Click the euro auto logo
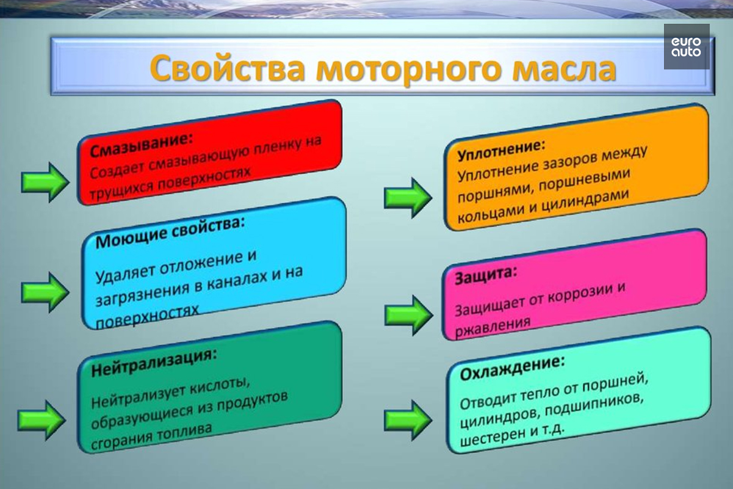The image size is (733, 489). click(687, 46)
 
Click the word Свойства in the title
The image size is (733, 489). click(228, 68)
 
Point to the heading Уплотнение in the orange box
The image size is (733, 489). click(502, 150)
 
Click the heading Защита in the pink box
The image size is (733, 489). click(486, 276)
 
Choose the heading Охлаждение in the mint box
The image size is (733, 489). click(513, 368)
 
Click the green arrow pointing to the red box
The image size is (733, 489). click(45, 182)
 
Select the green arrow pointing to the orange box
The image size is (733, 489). click(408, 198)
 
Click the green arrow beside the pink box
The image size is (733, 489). click(409, 315)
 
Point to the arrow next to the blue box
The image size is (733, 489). click(45, 292)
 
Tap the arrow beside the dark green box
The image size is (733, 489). click(42, 420)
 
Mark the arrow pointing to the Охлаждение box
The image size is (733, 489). click(408, 420)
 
